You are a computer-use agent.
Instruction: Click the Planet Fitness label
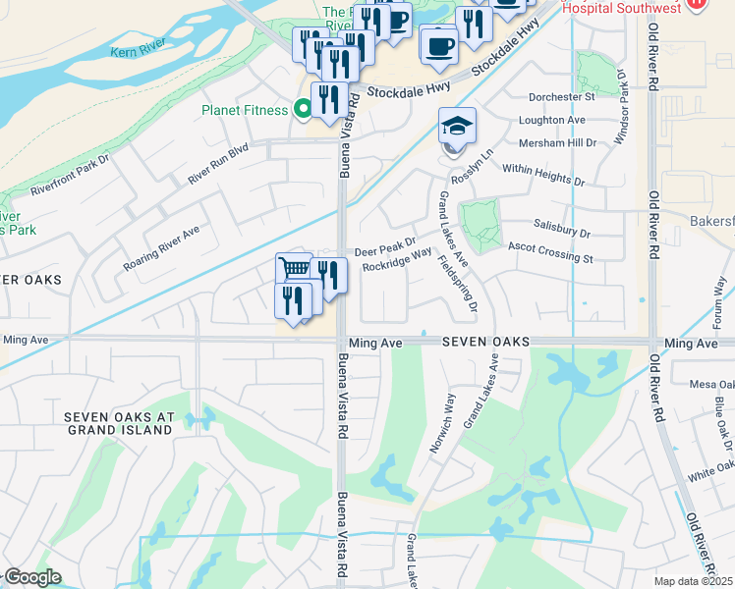[x=245, y=110]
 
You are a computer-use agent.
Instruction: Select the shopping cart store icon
[x=295, y=269]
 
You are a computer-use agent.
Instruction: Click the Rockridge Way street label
[x=397, y=258]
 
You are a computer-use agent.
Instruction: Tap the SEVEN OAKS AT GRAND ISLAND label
[x=119, y=423]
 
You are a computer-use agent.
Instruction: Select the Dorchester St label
[x=562, y=97]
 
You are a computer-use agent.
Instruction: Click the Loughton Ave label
[x=557, y=120]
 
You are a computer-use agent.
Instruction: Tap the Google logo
[x=31, y=577]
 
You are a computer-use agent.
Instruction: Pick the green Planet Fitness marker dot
[x=303, y=110]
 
